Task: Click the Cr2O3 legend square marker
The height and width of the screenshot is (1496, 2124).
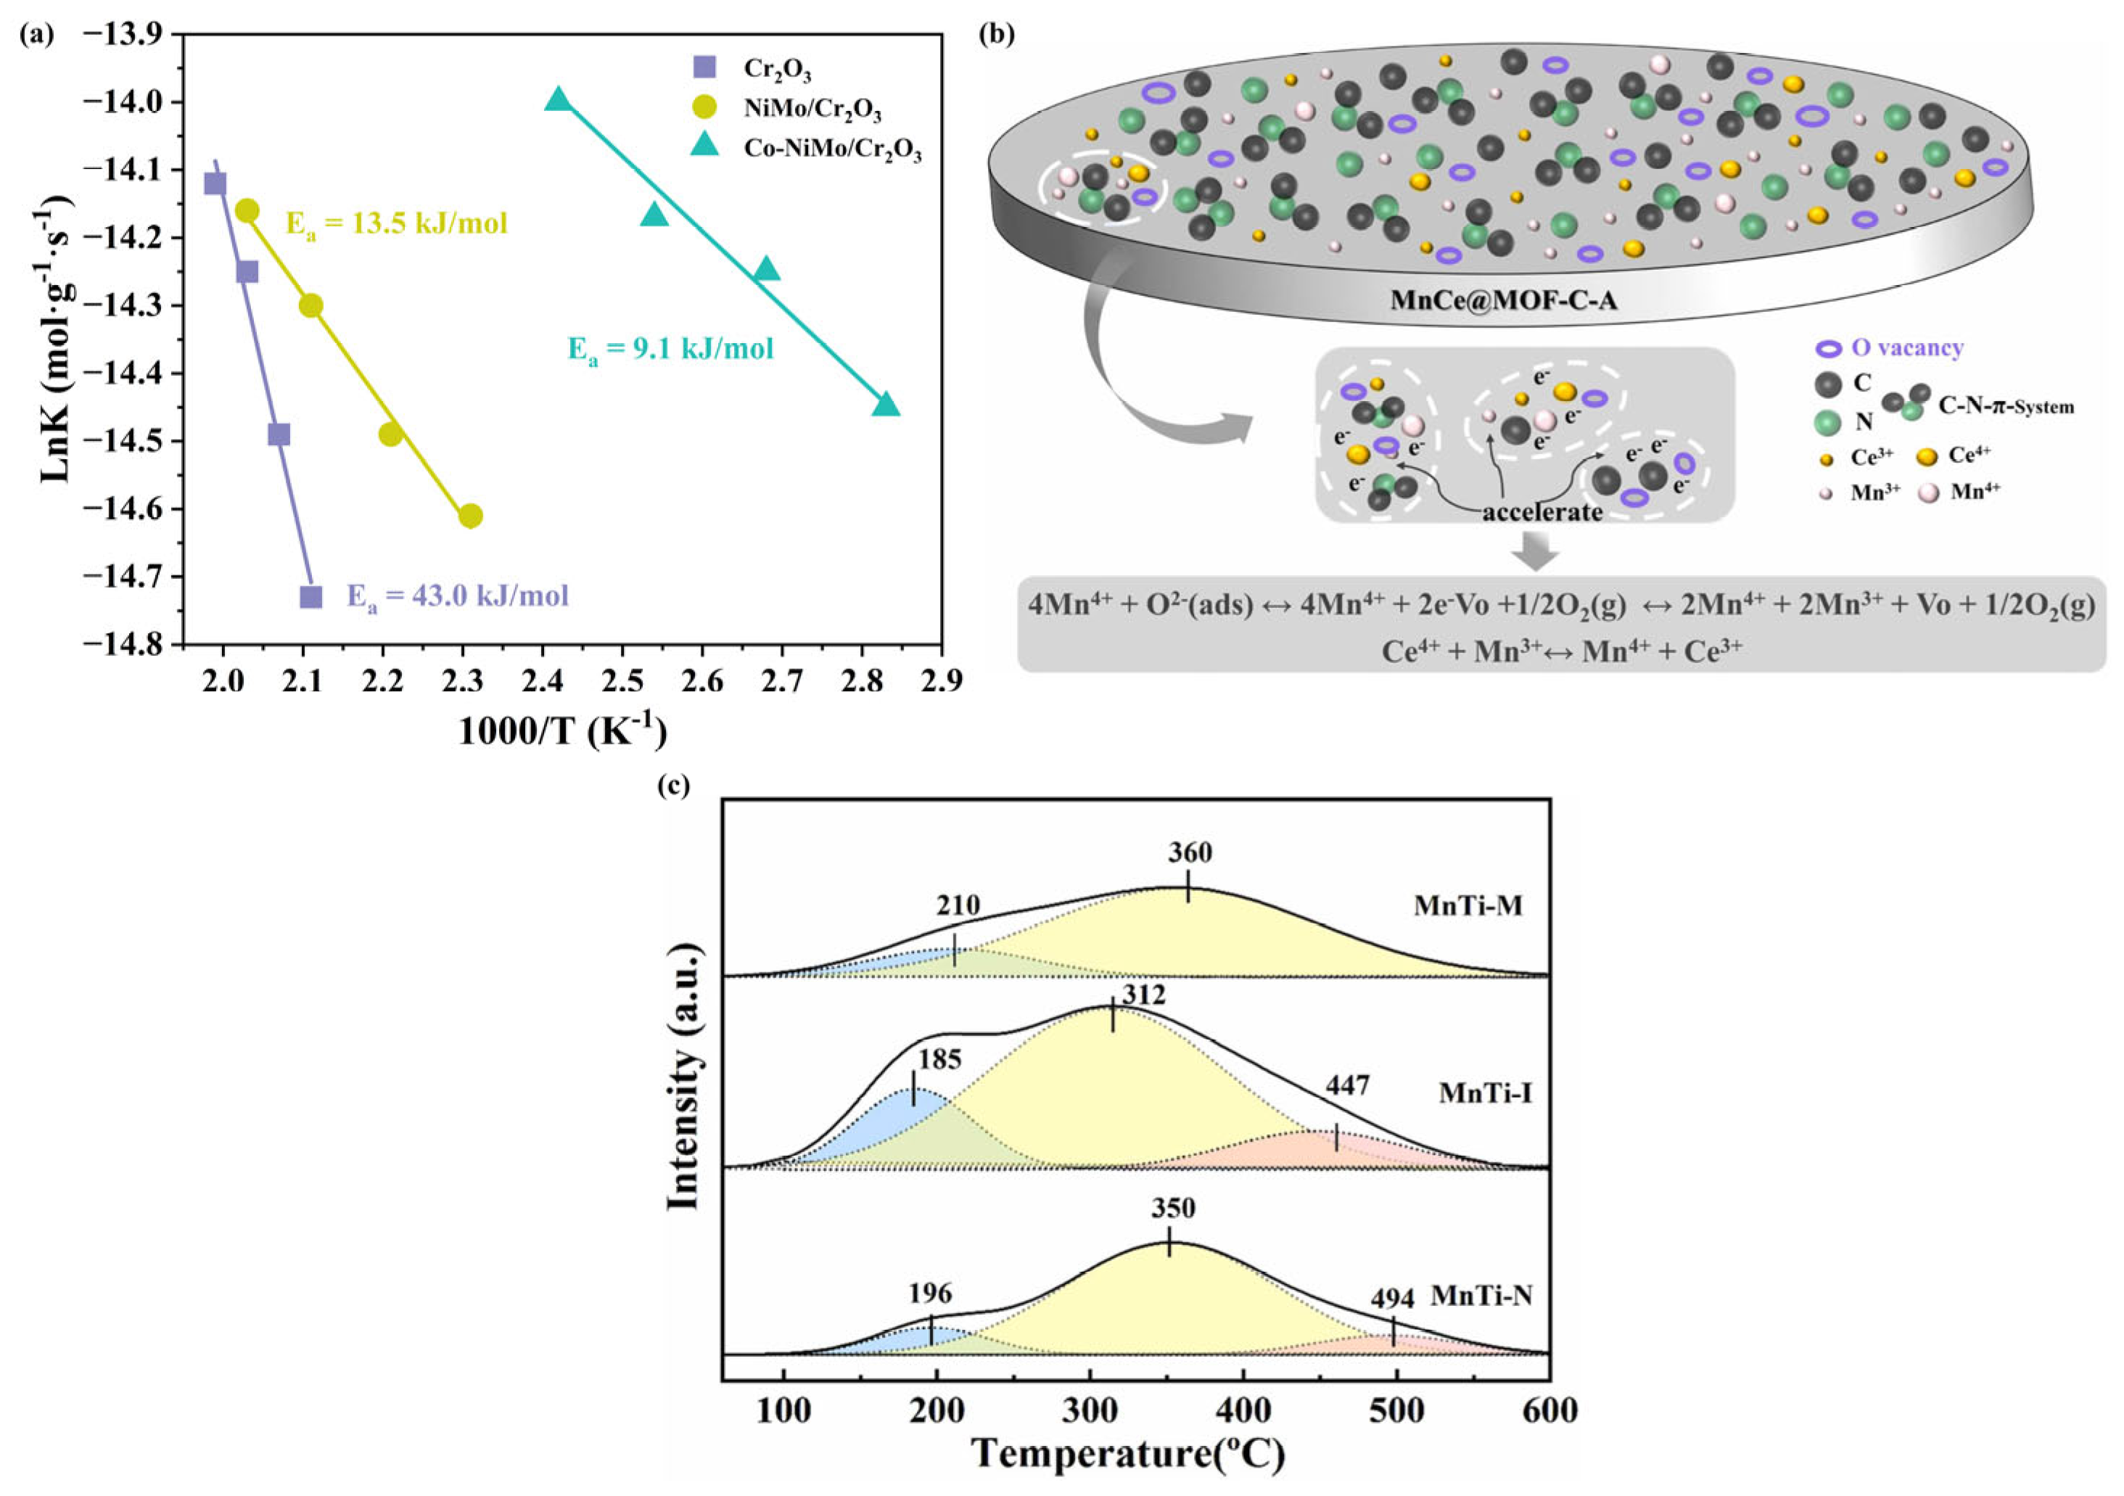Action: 705,67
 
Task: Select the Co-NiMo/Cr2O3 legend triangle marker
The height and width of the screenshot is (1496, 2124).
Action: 705,144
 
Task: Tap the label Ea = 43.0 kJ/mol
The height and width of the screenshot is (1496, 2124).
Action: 457,596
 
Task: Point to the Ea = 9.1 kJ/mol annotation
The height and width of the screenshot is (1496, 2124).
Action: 670,349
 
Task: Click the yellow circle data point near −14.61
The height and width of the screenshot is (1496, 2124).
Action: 470,515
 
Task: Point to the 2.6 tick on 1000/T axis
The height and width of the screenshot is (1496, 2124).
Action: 702,681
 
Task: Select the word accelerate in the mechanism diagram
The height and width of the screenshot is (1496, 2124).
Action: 1542,511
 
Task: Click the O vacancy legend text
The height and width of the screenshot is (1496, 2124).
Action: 1906,348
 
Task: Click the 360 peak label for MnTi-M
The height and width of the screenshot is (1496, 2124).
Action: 1189,852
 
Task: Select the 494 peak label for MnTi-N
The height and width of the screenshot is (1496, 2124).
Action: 1391,1299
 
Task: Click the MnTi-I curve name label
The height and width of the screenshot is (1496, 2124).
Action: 1485,1093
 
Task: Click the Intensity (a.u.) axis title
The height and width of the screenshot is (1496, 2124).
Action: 683,1077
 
